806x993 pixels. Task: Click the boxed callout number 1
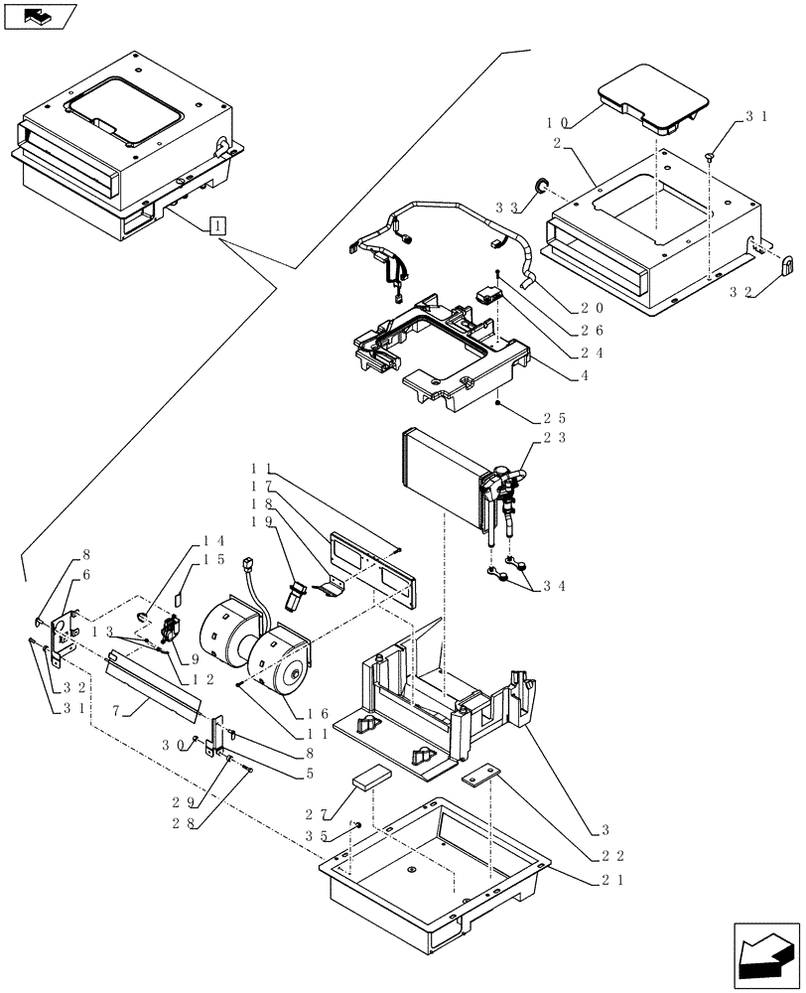217,224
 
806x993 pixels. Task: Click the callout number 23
554,437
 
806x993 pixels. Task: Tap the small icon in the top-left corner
40,16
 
